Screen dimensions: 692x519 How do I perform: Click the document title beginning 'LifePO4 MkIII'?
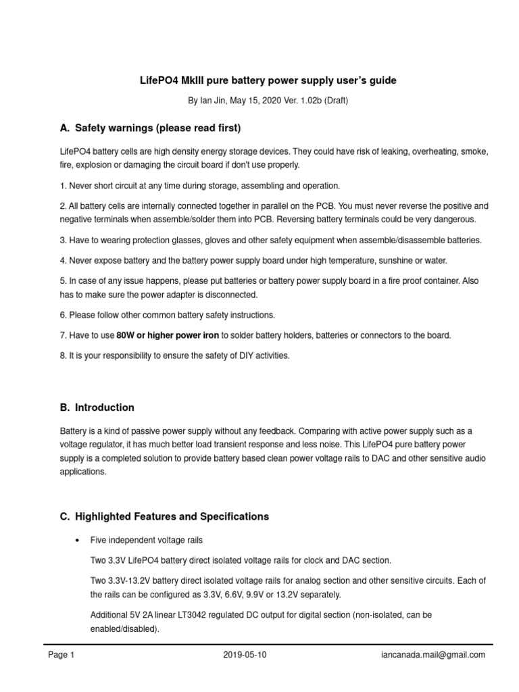pyautogui.click(x=268, y=80)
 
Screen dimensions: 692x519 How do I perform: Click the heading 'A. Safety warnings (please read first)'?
pyautogui.click(x=150, y=128)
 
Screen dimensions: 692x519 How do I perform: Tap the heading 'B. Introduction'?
pyautogui.click(x=97, y=407)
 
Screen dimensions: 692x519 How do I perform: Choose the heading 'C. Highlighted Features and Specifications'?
pyautogui.click(x=164, y=516)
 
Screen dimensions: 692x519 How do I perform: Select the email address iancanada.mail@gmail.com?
pyautogui.click(x=432, y=655)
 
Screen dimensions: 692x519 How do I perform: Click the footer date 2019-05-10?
pyautogui.click(x=245, y=655)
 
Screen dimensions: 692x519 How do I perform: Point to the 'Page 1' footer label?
pyautogui.click(x=61, y=655)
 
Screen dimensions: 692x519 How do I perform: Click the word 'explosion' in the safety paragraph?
pyautogui.click(x=99, y=164)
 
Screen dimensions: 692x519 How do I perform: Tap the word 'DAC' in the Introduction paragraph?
pyautogui.click(x=382, y=459)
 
